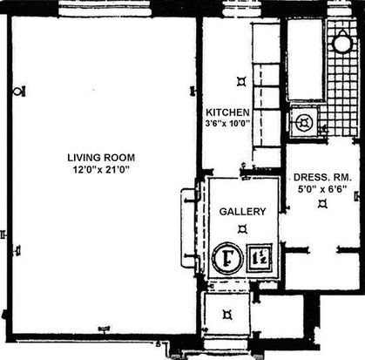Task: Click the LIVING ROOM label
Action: click(x=101, y=158)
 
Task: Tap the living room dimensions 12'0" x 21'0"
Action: click(x=101, y=169)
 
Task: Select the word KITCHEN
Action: click(x=227, y=112)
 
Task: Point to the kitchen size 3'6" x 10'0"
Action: click(x=228, y=123)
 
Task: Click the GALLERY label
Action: click(x=242, y=212)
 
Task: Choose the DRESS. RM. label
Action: click(x=322, y=177)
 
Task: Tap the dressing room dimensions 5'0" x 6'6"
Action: click(x=322, y=189)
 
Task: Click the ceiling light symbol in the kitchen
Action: click(x=241, y=82)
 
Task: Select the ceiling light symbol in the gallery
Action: click(x=242, y=229)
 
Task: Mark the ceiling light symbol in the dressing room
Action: click(x=322, y=203)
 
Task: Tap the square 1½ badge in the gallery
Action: click(x=260, y=258)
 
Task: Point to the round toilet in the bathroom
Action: click(x=342, y=42)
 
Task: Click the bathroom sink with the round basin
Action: click(x=303, y=122)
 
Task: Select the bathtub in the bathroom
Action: click(x=305, y=59)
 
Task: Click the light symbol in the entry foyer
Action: click(x=227, y=315)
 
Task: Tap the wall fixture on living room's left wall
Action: click(x=19, y=92)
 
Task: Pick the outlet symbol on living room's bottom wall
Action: click(x=104, y=329)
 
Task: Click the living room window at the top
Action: click(x=105, y=8)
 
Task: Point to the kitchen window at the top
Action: click(x=242, y=8)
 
